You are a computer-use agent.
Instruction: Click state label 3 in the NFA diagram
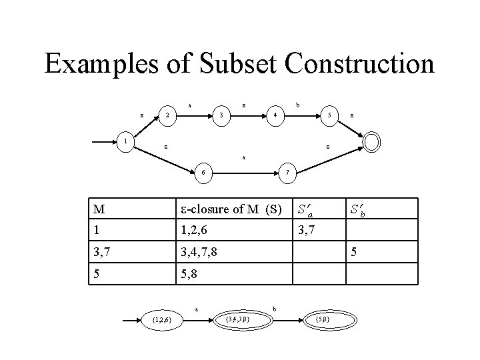221,115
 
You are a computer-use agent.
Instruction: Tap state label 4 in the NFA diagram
275,115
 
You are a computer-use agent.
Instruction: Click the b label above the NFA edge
297,105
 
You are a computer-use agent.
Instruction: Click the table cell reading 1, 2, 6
191,231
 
